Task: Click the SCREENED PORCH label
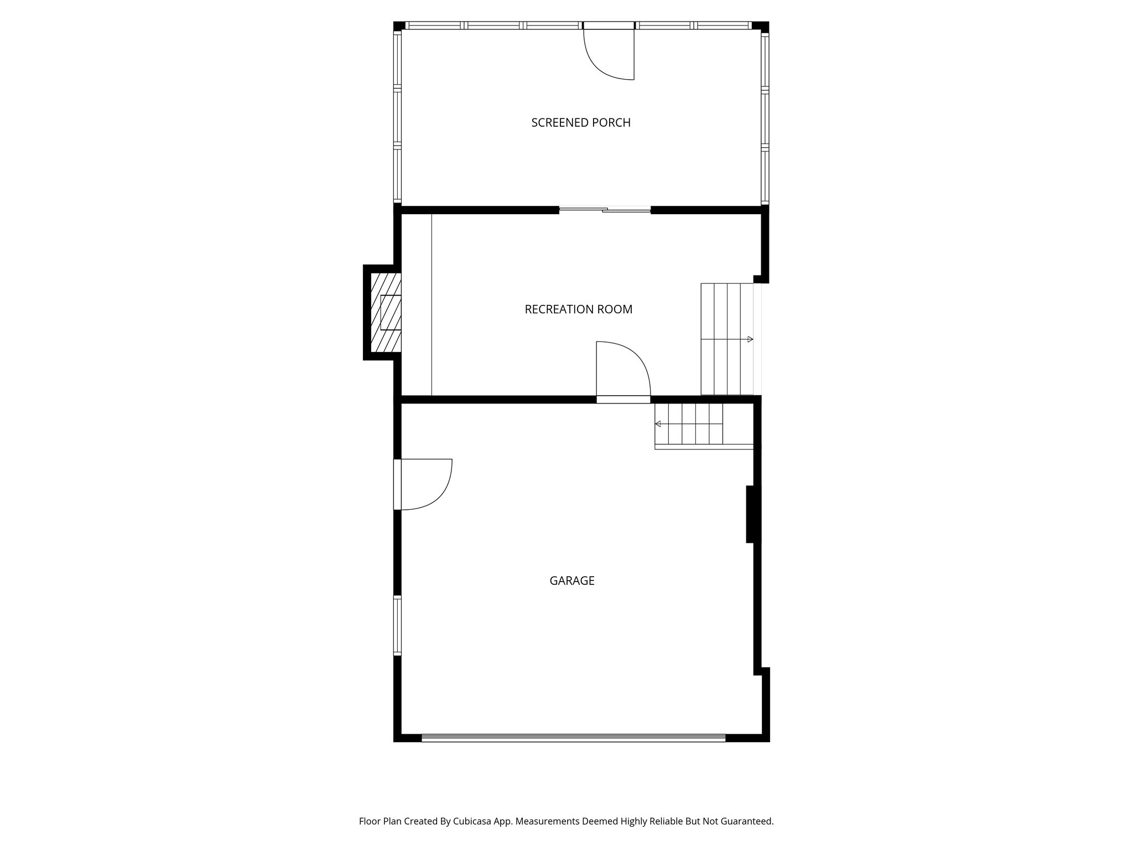point(581,123)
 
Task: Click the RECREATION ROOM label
point(578,309)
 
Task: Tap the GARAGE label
point(571,581)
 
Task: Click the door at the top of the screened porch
point(609,53)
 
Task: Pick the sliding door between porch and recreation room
point(605,210)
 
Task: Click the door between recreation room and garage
point(623,370)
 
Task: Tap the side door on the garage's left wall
point(423,484)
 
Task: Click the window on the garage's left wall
point(397,625)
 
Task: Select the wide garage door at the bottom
point(573,738)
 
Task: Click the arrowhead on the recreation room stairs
point(750,339)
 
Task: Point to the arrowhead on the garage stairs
point(658,424)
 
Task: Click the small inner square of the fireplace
point(390,313)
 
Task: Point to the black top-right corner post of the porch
point(761,26)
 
